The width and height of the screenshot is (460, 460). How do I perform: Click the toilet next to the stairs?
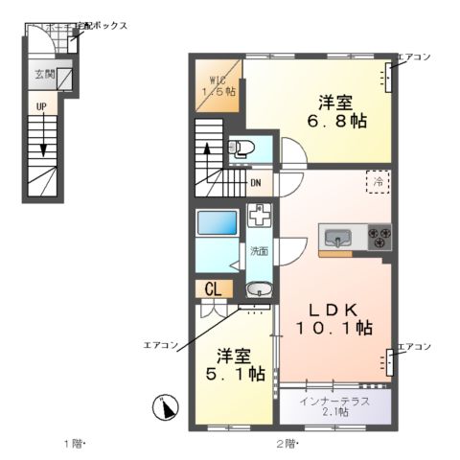point(240,149)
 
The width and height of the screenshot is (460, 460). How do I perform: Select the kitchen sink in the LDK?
point(338,238)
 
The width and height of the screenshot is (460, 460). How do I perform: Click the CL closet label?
point(213,287)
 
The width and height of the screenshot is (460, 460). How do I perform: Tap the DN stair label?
point(256,182)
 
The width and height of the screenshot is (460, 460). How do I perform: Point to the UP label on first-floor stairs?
point(41,106)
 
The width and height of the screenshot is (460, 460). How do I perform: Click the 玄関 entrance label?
point(45,74)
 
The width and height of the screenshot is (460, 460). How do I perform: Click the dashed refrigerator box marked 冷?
point(379,181)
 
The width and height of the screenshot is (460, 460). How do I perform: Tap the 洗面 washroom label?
point(259,251)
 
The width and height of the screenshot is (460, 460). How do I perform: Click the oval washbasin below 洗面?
point(259,290)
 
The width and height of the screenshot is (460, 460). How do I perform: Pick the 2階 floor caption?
point(287,443)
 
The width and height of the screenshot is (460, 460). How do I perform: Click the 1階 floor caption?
point(75,443)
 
